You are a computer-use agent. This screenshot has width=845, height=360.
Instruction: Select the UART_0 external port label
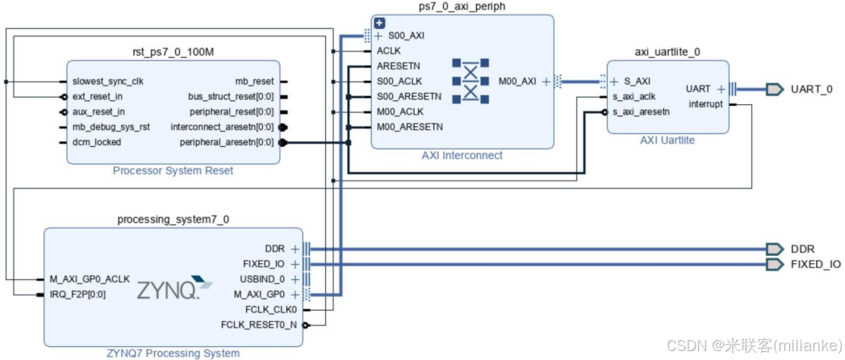tap(811, 89)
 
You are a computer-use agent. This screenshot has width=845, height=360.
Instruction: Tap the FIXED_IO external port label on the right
tap(815, 264)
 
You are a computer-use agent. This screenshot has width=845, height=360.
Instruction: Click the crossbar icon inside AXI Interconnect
tap(469, 81)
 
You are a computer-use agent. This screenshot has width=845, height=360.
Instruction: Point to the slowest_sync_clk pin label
tap(108, 82)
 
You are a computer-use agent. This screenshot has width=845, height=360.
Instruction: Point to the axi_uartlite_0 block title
tap(667, 52)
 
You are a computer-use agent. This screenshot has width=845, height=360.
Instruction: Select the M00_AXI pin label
tap(517, 81)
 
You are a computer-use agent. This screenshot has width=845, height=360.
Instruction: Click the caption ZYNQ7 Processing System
tap(173, 353)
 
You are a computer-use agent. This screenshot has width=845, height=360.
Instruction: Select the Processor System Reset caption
tap(173, 170)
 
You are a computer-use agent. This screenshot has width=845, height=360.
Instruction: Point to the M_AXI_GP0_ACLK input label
tap(90, 278)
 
